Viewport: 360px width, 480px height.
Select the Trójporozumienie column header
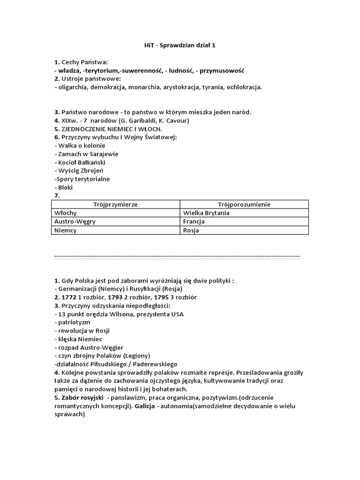(x=244, y=204)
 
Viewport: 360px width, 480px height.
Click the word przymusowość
(x=222, y=70)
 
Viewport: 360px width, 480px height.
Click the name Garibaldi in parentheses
(x=139, y=120)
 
